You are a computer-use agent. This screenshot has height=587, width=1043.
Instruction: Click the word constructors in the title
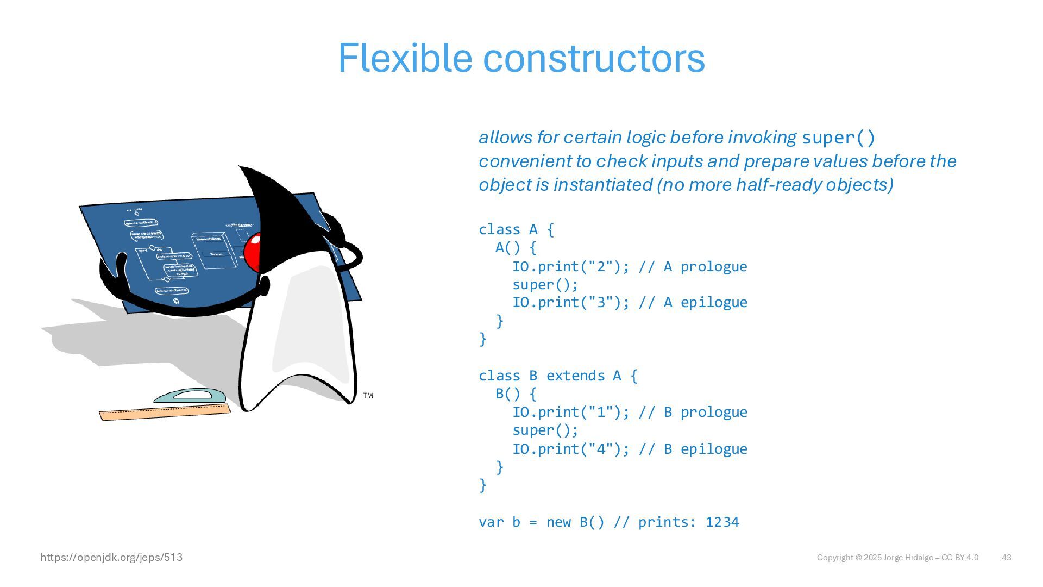click(594, 59)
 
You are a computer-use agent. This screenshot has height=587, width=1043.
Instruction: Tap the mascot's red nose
click(253, 252)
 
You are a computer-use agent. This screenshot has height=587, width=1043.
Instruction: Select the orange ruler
click(165, 413)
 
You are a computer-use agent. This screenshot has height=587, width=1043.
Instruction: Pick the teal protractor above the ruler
click(190, 396)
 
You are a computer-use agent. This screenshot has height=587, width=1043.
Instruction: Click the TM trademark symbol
click(368, 396)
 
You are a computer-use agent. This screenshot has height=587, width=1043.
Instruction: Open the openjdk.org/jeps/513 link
click(111, 557)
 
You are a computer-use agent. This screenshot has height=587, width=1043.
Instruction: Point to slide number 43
click(1006, 558)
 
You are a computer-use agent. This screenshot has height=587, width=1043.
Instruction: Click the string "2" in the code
click(601, 266)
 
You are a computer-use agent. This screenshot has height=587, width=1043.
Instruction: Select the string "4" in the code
click(601, 449)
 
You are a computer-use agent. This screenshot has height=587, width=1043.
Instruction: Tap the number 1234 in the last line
click(722, 522)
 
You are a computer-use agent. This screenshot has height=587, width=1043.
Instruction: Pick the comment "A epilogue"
click(705, 302)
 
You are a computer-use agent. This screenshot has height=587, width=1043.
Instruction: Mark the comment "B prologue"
click(705, 412)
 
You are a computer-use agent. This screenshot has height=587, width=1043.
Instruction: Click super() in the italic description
click(838, 138)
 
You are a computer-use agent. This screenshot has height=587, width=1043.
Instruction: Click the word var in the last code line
click(491, 522)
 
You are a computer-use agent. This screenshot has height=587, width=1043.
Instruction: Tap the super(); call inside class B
click(545, 430)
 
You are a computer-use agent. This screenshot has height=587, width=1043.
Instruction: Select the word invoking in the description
click(762, 138)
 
